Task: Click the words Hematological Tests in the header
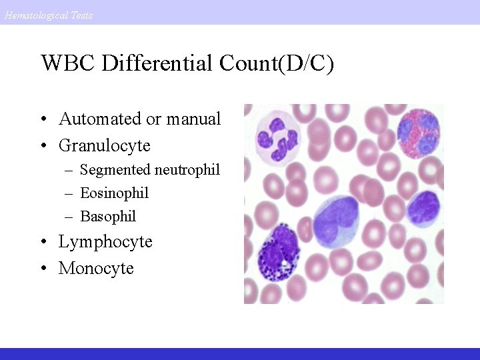(x=48, y=15)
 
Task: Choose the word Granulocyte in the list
(x=105, y=145)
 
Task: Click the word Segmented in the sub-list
(x=115, y=170)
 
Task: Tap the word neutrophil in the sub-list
(x=187, y=170)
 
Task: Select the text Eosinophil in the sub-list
(x=114, y=193)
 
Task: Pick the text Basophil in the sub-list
(x=108, y=216)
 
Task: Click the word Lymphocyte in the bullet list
(x=105, y=241)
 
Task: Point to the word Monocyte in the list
(x=96, y=268)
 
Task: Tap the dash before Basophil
(x=69, y=217)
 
